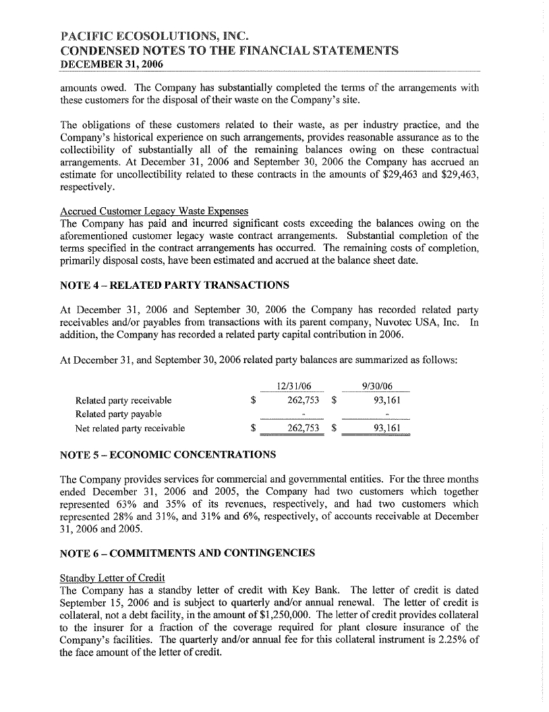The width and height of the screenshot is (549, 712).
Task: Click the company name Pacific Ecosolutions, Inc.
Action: pyautogui.click(x=147, y=36)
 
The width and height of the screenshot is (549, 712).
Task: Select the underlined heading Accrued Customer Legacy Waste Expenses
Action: pyautogui.click(x=154, y=211)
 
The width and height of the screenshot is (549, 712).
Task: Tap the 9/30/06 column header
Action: pyautogui.click(x=377, y=386)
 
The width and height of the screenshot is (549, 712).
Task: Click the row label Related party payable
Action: pyautogui.click(x=119, y=413)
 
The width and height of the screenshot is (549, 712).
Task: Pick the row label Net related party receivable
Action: pyautogui.click(x=130, y=428)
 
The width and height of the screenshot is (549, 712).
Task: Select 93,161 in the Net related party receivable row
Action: pyautogui.click(x=386, y=428)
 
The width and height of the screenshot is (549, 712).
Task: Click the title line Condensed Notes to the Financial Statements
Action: pyautogui.click(x=229, y=51)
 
